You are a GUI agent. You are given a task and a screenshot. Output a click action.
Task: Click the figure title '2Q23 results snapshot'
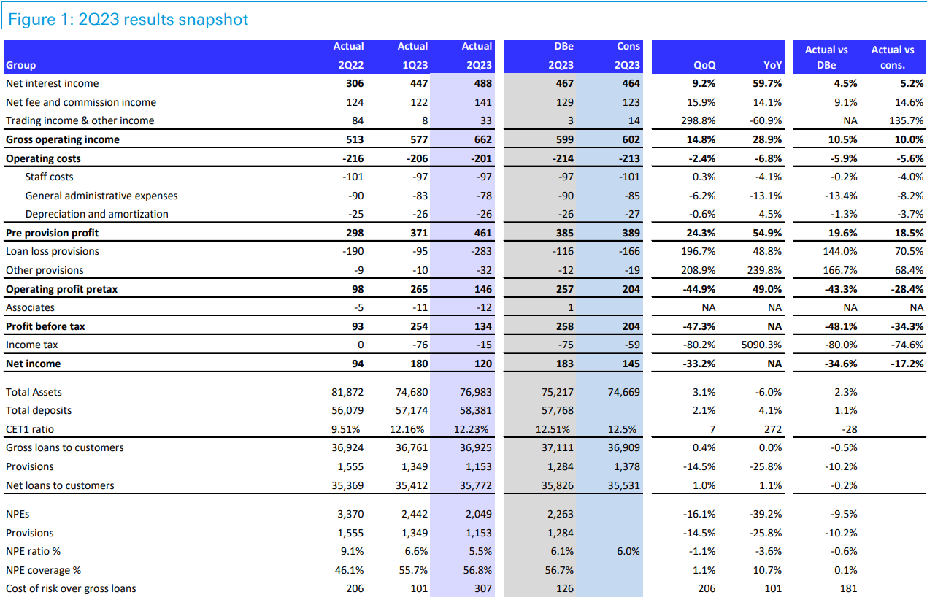pos(128,19)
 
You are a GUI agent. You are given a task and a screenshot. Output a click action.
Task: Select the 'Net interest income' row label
pos(52,83)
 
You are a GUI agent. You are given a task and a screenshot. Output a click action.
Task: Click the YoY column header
pos(773,65)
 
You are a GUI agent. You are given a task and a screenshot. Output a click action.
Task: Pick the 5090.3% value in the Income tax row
pos(761,345)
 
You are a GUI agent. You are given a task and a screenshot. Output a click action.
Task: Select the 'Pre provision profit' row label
pos(52,233)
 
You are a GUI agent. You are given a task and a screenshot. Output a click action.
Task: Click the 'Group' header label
pos(20,65)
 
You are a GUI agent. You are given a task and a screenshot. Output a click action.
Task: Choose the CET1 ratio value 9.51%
pos(348,429)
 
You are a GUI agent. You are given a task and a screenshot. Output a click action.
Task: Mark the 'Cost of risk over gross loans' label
pos(71,588)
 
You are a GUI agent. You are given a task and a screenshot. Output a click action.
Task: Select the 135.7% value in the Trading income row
pos(906,120)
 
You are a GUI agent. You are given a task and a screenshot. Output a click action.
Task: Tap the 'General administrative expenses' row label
pos(101,196)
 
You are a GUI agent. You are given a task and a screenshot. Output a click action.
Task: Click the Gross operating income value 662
pos(482,139)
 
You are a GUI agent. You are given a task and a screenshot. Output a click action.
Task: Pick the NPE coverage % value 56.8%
pos(478,570)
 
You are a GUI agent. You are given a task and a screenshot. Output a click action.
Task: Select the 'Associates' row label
pos(30,307)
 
